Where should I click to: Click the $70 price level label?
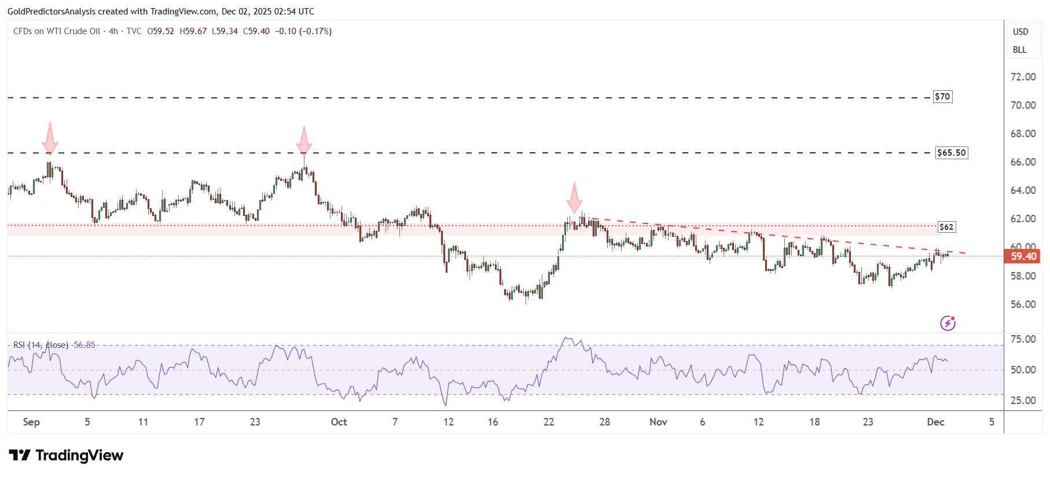[x=942, y=97]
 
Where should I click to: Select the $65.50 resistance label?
[x=952, y=153]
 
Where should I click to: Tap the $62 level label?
[x=946, y=227]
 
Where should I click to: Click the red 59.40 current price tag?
[x=1023, y=256]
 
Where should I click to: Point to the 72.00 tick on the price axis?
[x=1023, y=76]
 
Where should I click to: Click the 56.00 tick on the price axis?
[x=1023, y=304]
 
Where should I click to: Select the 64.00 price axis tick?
[x=1023, y=190]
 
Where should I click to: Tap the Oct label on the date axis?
[x=339, y=422]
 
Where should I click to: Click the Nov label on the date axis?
[x=658, y=422]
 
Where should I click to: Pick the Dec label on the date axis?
[x=935, y=422]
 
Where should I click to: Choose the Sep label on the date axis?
[x=31, y=422]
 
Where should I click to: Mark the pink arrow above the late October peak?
[x=574, y=199]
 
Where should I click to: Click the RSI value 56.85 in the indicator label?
[x=85, y=345]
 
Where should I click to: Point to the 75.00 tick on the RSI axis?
[x=1023, y=339]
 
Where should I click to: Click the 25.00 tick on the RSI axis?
[x=1023, y=401]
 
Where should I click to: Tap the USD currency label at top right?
[x=1020, y=32]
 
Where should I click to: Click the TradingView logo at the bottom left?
[x=66, y=456]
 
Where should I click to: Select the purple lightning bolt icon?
[x=948, y=323]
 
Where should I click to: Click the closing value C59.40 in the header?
[x=256, y=31]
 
